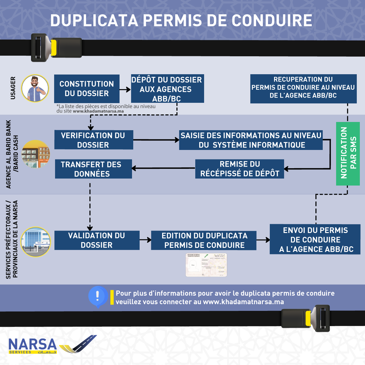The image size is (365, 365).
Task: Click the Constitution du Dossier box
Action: coord(87,89)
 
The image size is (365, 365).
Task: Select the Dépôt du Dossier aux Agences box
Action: coord(167,89)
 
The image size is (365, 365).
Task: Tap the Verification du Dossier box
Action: coord(94,140)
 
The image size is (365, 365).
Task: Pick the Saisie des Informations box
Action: coord(251,140)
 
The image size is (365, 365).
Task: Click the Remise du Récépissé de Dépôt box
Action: coord(239,169)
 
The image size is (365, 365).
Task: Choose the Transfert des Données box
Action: coord(93,169)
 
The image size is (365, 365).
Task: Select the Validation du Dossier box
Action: coord(97,240)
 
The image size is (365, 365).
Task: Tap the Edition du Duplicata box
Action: coord(204,240)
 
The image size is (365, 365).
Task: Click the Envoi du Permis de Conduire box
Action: coord(315,239)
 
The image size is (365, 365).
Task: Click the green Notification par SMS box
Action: coord(348,154)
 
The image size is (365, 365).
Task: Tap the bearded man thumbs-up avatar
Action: coord(35,89)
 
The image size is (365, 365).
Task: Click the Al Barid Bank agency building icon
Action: coord(35,155)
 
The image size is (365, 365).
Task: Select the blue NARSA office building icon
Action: coord(36,242)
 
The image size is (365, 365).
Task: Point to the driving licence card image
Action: coord(206,265)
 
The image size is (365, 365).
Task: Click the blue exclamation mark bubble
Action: coord(98,296)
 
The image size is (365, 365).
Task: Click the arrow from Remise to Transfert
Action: coord(163,168)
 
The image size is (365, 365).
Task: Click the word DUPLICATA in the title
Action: coord(94,21)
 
